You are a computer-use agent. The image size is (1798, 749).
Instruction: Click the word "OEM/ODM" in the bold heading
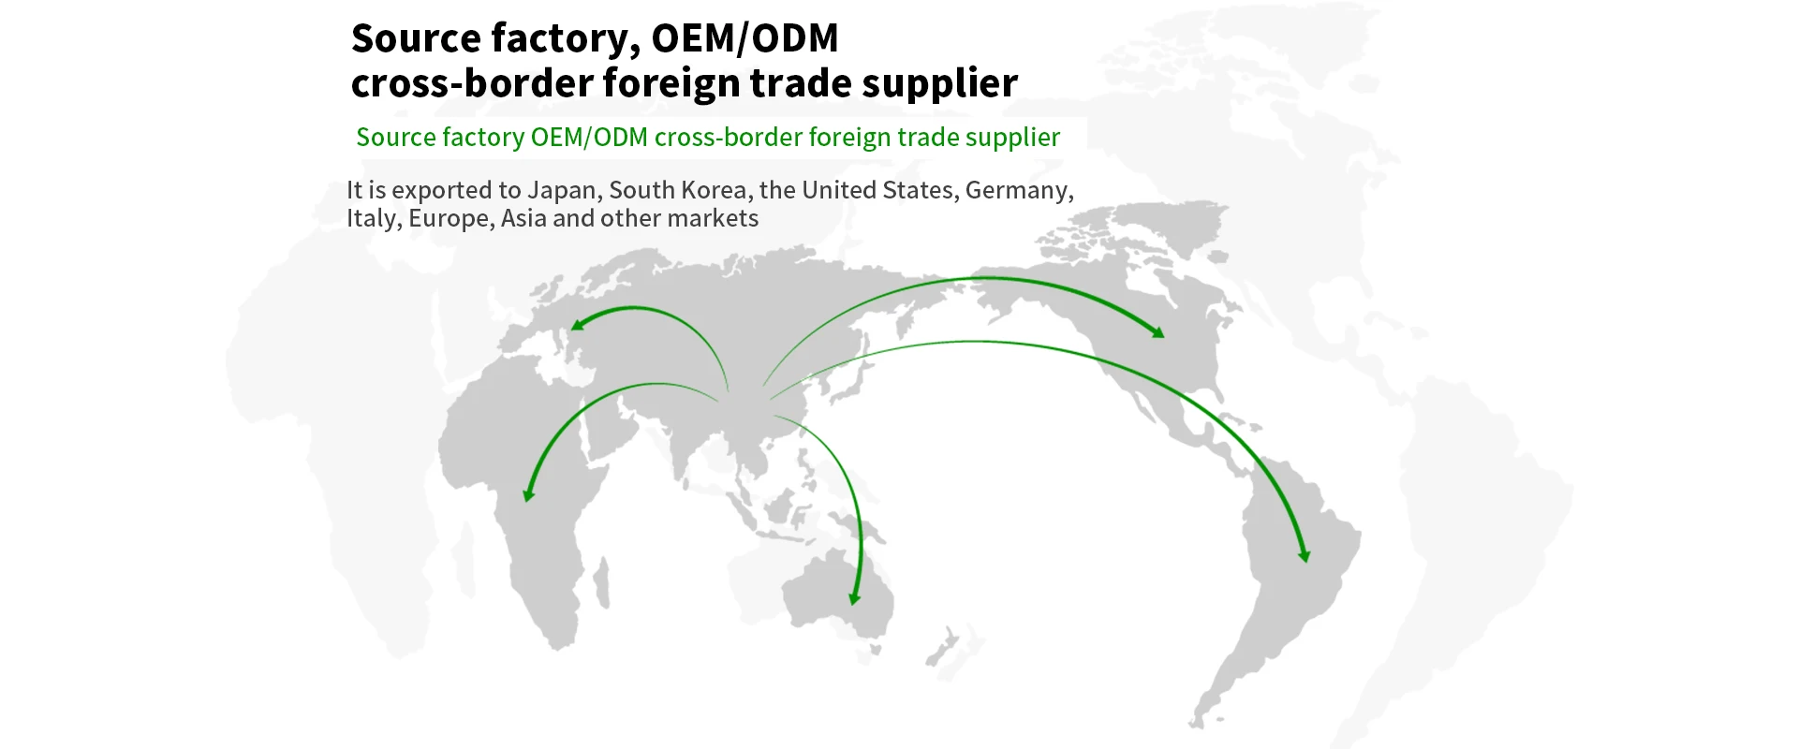click(744, 39)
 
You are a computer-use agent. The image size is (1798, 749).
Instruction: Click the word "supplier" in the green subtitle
click(1012, 138)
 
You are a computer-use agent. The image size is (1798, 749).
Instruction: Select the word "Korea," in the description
click(714, 191)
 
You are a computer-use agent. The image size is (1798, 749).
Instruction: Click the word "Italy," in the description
click(374, 219)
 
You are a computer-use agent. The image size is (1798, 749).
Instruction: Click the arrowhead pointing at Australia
click(853, 599)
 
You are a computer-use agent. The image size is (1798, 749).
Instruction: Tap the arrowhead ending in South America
click(1304, 556)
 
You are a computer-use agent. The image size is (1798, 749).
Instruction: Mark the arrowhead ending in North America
click(1159, 332)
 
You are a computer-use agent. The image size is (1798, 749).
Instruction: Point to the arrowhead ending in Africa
click(528, 495)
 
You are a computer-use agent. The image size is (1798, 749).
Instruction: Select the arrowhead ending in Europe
click(576, 325)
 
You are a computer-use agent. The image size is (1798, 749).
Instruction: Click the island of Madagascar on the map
click(602, 582)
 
